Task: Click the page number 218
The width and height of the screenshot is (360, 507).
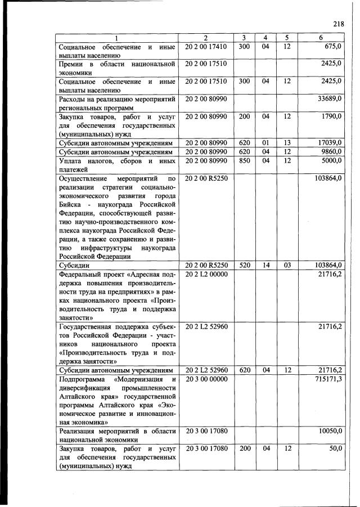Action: (338, 24)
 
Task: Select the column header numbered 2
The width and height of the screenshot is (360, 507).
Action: (205, 38)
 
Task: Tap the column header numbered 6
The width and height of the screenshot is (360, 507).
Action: (319, 38)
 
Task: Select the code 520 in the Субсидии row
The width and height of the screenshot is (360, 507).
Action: (244, 264)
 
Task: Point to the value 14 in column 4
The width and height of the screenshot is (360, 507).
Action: (265, 264)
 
